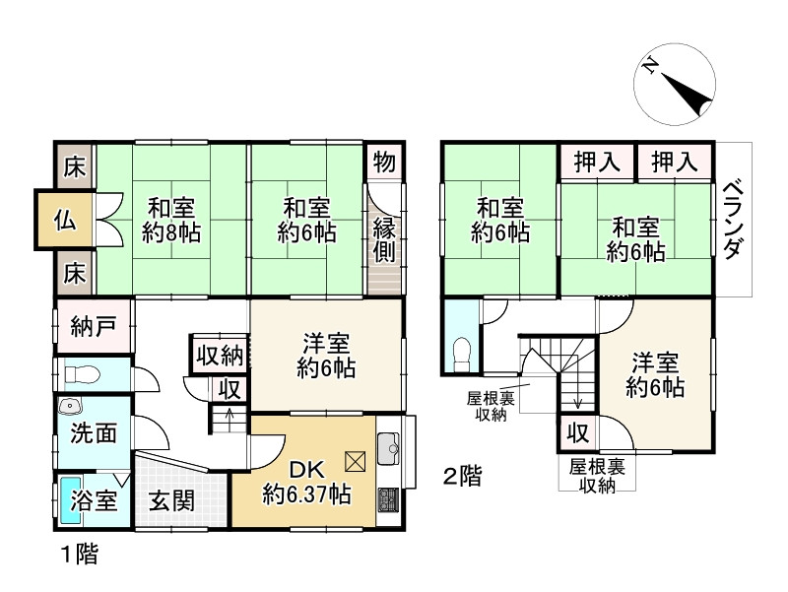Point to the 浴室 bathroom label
(94, 500)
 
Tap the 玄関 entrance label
(171, 500)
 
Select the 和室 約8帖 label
(170, 220)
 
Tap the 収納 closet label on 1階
(219, 354)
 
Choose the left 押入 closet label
(597, 162)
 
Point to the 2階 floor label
(462, 478)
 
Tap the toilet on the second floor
(460, 352)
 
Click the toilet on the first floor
(79, 374)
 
